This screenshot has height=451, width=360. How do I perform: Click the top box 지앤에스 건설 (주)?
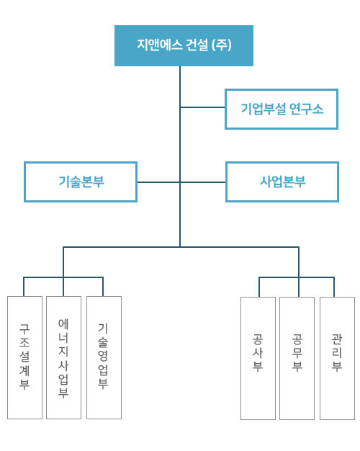[x=184, y=45]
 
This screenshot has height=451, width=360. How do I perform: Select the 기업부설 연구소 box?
[x=282, y=109]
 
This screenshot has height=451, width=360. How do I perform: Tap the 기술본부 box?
[x=81, y=182]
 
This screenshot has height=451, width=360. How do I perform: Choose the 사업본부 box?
[x=282, y=182]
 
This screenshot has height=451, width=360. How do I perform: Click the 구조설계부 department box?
[x=24, y=357]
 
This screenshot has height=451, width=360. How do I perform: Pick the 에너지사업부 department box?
[x=63, y=357]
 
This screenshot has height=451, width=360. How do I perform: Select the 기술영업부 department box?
[x=104, y=357]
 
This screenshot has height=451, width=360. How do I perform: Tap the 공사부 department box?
[x=258, y=358]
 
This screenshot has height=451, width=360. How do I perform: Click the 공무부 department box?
[x=297, y=358]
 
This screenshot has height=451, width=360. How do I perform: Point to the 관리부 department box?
[x=337, y=358]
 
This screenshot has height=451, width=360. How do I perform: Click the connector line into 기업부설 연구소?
[x=203, y=107]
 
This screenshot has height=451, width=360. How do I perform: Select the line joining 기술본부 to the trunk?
[x=158, y=182]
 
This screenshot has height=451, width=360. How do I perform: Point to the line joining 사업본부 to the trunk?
[x=203, y=182]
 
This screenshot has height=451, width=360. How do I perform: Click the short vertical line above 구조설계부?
[x=24, y=287]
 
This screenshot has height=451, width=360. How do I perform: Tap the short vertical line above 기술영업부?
[x=103, y=287]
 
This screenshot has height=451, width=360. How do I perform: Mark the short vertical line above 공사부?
[x=259, y=287]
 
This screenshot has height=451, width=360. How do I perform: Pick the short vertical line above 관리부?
[x=334, y=287]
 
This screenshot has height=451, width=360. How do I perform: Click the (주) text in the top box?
[x=222, y=45]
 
